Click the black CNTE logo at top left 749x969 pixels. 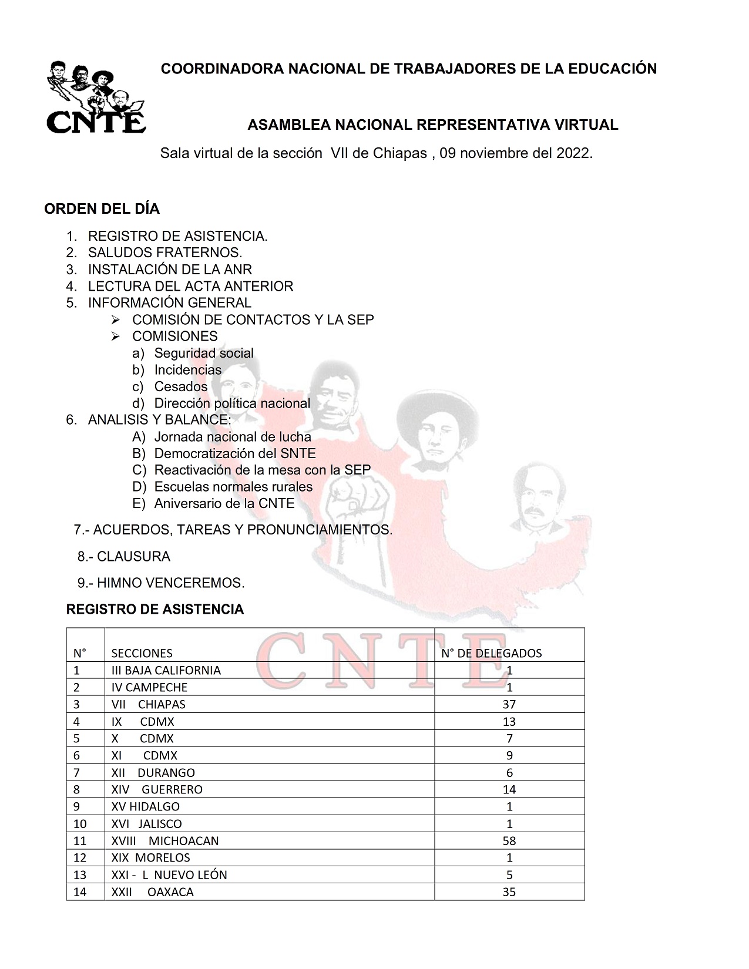click(x=95, y=97)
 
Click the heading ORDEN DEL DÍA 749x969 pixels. click(x=102, y=209)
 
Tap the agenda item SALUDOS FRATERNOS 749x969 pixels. click(x=164, y=253)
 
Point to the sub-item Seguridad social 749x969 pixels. click(x=204, y=353)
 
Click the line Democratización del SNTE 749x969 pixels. click(x=234, y=453)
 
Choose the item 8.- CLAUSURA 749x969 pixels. click(x=124, y=556)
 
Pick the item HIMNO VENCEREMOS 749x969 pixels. click(x=170, y=583)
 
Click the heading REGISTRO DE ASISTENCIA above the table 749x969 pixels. click(x=155, y=609)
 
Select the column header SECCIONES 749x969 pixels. click(x=142, y=653)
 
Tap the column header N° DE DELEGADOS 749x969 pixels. click(x=491, y=653)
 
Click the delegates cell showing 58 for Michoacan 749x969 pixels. click(x=509, y=840)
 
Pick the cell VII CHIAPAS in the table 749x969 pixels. click(x=148, y=704)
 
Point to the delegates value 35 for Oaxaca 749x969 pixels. click(x=509, y=891)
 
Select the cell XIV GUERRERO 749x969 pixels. click(x=157, y=789)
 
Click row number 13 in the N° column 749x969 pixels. click(x=80, y=874)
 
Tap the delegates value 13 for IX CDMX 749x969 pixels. click(x=509, y=721)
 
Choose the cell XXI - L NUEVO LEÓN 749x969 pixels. click(x=169, y=874)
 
